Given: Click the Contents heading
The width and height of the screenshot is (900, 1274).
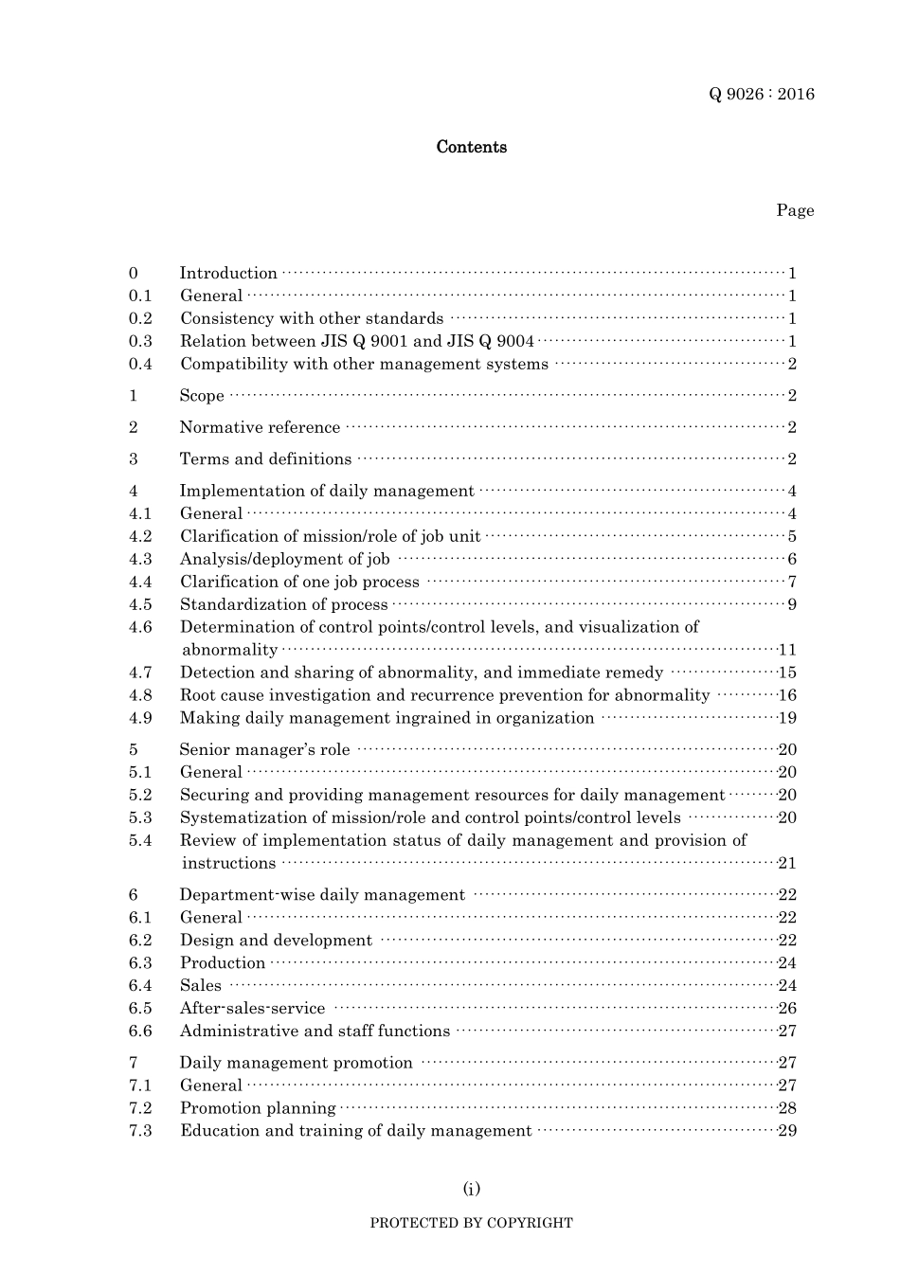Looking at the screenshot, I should tap(471, 147).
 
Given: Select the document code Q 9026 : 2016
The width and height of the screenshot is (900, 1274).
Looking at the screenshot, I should tap(761, 94).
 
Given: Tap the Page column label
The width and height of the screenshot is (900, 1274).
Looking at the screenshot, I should tap(795, 210).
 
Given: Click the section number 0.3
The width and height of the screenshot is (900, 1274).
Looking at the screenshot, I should tap(140, 341).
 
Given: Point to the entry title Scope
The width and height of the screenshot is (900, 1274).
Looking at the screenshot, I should tap(202, 396).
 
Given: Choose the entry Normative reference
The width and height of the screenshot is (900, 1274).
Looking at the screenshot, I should tap(260, 427).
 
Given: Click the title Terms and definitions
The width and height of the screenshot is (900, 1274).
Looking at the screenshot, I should tap(265, 459).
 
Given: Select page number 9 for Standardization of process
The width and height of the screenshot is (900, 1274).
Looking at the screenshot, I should tap(792, 604).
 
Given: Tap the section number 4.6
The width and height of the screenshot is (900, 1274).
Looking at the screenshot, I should tap(140, 627).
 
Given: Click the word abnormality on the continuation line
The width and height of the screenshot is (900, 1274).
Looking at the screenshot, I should tap(229, 650).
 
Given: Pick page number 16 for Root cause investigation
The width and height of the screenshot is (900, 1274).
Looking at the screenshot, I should tap(787, 695).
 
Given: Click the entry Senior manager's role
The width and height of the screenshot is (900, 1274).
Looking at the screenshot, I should tap(264, 749).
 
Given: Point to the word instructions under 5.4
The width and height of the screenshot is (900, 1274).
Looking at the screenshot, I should tap(228, 863).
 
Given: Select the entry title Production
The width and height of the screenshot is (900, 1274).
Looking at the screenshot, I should tap(223, 963).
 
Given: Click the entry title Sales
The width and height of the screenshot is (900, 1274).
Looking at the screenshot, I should tap(200, 986).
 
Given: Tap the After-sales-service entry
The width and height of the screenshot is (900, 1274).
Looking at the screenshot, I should tap(252, 1009).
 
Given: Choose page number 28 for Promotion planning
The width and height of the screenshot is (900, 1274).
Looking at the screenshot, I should tap(787, 1108).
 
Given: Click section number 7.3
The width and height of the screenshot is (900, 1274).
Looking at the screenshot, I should tap(140, 1131).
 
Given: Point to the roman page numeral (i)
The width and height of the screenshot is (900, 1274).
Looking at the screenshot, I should tap(471, 1189).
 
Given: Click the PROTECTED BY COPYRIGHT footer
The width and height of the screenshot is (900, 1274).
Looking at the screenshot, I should tap(471, 1223).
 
